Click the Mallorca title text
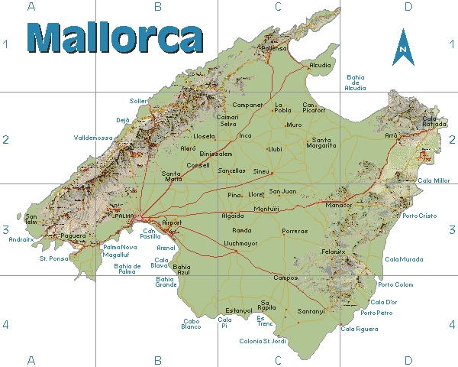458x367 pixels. click(x=114, y=37)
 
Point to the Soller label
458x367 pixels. click(x=138, y=101)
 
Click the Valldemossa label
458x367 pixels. click(x=93, y=138)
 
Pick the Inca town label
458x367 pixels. click(x=245, y=135)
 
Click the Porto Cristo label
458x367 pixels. click(x=420, y=216)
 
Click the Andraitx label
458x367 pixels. click(x=21, y=239)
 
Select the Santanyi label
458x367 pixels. click(x=311, y=311)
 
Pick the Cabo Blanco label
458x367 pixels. click(x=191, y=323)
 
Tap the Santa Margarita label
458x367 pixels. click(x=322, y=142)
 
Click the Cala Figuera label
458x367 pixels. click(x=359, y=329)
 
